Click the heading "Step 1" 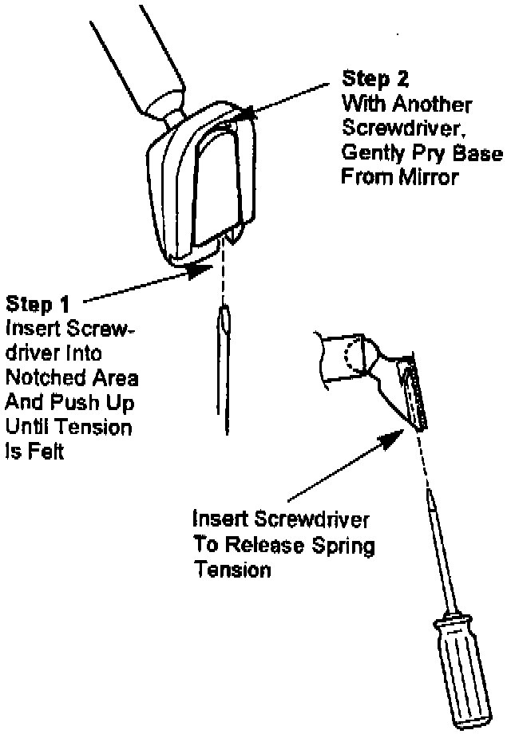[x=38, y=304]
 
